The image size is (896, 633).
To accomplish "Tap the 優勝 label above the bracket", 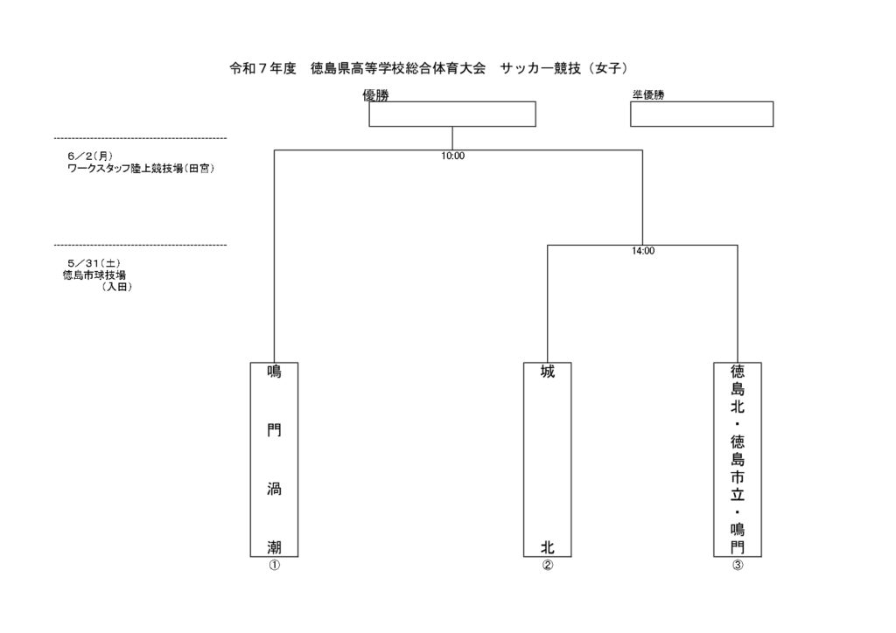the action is (376, 95).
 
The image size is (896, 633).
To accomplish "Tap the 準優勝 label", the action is (648, 95).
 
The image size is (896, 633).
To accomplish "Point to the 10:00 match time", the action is (452, 156).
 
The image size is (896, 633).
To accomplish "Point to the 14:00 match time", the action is (643, 251).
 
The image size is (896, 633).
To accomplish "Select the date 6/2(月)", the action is (90, 157).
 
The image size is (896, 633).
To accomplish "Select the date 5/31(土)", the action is (94, 263).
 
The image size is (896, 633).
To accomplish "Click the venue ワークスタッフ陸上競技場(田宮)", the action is (141, 169).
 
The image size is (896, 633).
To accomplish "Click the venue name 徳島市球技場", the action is (94, 275).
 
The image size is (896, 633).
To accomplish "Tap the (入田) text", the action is (116, 287).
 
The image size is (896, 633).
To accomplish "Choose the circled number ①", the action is (274, 565).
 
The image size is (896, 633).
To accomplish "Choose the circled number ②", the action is (548, 565).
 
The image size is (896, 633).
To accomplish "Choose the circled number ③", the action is (738, 565).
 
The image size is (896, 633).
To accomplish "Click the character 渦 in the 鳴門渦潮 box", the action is (274, 489).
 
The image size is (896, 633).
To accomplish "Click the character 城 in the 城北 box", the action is (548, 372).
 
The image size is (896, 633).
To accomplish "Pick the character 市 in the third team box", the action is (738, 476).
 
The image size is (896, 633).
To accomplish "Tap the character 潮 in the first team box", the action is (274, 547).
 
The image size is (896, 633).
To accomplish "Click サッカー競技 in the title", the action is (541, 68).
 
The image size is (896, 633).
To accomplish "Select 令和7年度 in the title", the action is (262, 68).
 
